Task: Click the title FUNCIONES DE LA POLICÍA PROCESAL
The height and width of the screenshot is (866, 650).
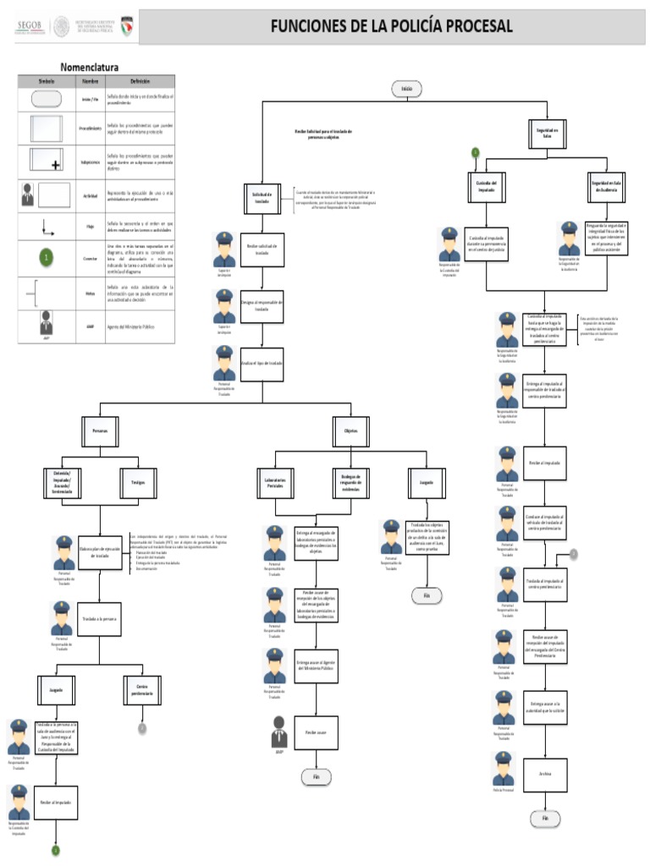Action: [x=391, y=26]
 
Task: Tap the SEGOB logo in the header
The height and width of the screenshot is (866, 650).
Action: [x=30, y=27]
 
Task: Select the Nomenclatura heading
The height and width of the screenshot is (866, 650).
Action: [x=89, y=67]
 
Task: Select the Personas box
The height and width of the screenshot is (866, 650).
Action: [x=101, y=430]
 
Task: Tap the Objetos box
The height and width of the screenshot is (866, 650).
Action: [x=350, y=430]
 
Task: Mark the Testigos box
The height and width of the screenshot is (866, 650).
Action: [x=138, y=481]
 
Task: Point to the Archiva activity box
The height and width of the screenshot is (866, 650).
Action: [x=544, y=773]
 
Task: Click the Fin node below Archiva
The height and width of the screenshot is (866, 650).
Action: [x=545, y=818]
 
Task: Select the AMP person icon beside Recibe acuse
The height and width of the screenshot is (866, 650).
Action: [x=279, y=728]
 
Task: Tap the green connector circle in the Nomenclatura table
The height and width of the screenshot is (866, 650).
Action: [x=47, y=256]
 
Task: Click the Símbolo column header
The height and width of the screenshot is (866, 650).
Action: [x=47, y=80]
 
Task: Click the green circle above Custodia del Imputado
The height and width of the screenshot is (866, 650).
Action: [x=476, y=153]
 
